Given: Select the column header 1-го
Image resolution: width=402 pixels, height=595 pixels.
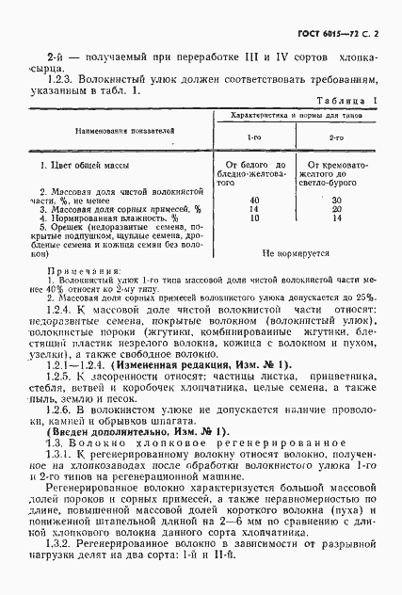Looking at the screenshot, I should pyautogui.click(x=254, y=137).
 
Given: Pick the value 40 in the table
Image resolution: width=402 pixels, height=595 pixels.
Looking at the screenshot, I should pyautogui.click(x=254, y=201).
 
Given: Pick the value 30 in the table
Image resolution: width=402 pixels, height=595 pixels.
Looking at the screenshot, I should pyautogui.click(x=337, y=201).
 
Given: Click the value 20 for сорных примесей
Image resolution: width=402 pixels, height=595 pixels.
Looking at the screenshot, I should pyautogui.click(x=337, y=210).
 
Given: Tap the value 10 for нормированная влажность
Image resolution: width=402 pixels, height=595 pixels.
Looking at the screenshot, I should pyautogui.click(x=254, y=218).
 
